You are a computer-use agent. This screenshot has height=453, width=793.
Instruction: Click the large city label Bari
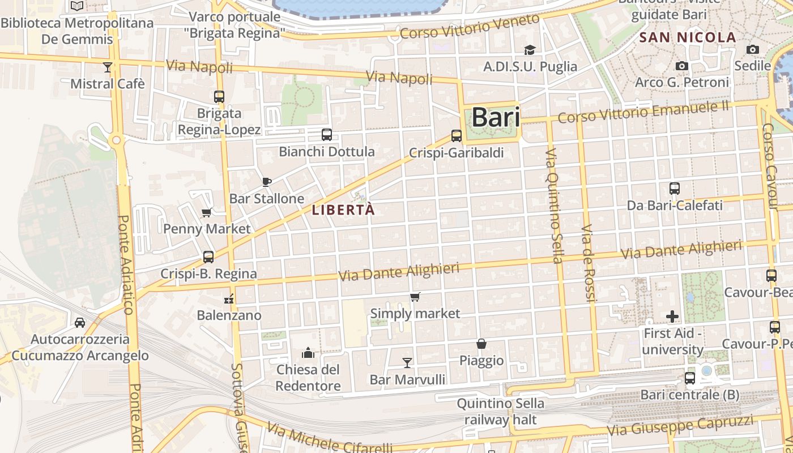[x=495, y=118]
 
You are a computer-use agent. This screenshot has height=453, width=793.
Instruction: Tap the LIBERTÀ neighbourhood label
[x=343, y=210]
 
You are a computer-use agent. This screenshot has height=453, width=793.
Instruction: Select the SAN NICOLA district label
[x=688, y=38]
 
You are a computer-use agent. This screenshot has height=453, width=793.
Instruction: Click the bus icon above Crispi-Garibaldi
[x=457, y=136]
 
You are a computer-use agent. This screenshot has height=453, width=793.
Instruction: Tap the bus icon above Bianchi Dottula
[x=327, y=135]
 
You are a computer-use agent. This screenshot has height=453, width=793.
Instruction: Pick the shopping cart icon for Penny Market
[x=207, y=213]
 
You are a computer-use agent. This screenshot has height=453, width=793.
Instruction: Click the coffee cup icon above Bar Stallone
[x=267, y=182]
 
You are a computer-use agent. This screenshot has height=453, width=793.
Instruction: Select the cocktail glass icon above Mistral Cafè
[x=108, y=67]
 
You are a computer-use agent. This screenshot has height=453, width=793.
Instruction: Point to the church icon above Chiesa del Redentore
[x=308, y=353]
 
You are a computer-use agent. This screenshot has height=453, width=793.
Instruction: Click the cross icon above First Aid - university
[x=672, y=317]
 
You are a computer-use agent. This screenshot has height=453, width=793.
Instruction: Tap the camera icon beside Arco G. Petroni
[x=682, y=66]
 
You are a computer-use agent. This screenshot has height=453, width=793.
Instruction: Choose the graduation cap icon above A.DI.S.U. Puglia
[x=530, y=50]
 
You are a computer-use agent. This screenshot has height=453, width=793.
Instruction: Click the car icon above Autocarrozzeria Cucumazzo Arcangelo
[x=80, y=323]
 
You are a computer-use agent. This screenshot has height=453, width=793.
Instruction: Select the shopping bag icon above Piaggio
[x=481, y=344]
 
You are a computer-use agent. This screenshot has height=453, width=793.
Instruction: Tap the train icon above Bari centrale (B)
[x=689, y=378]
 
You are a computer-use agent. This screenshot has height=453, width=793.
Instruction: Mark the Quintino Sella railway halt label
[x=500, y=412]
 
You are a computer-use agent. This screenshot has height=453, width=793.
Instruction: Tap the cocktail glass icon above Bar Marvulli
[x=407, y=362]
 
